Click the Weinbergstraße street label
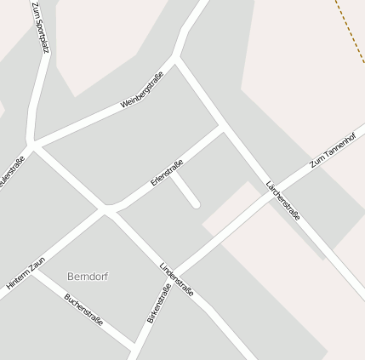click(x=141, y=89)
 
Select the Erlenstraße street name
click(x=167, y=173)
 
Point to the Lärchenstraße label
click(x=282, y=200)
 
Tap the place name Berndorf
click(x=88, y=277)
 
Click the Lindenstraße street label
click(x=177, y=280)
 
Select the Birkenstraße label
click(x=158, y=303)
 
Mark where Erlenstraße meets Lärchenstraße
click(x=223, y=129)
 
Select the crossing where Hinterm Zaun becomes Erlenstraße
click(x=106, y=209)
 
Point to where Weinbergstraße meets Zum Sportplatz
click(x=32, y=141)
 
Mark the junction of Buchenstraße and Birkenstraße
click(x=135, y=346)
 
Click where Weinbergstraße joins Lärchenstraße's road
click(x=177, y=59)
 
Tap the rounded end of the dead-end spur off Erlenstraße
click(x=196, y=204)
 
